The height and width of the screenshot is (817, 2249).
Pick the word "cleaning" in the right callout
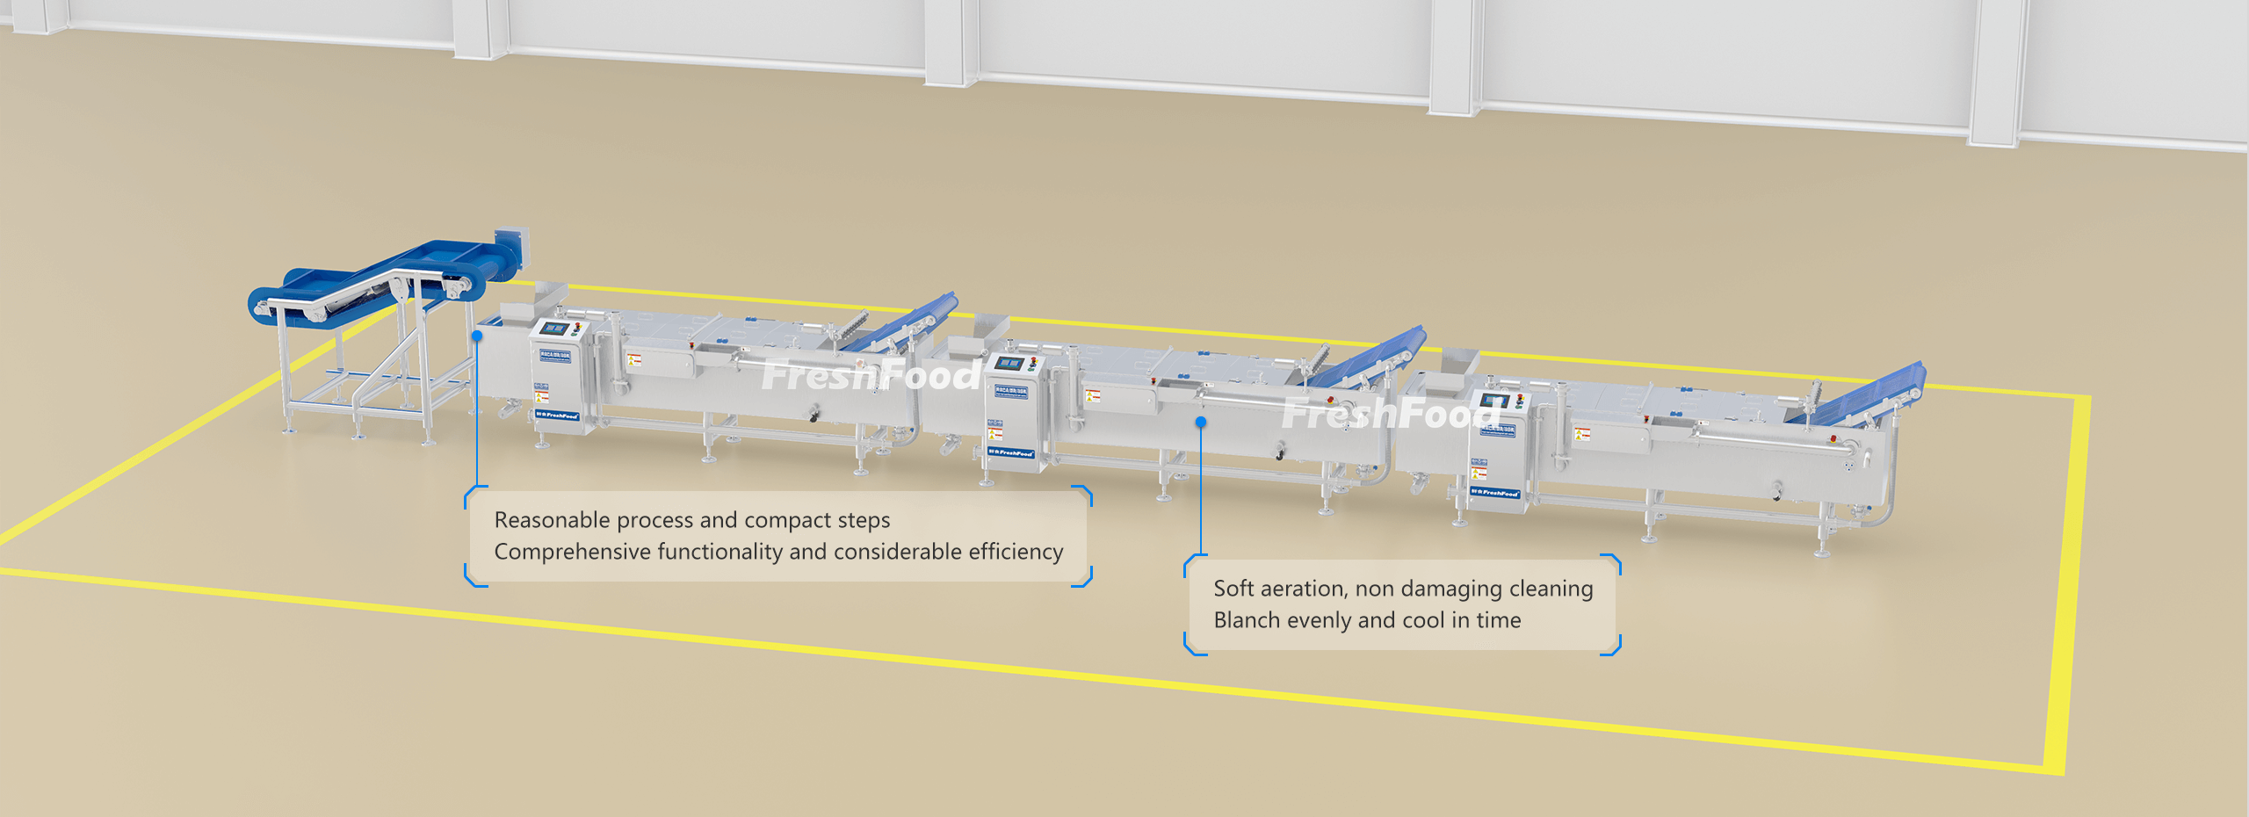pos(1551,589)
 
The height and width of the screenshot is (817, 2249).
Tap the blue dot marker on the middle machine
pos(1201,423)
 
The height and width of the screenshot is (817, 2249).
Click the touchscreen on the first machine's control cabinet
pos(553,329)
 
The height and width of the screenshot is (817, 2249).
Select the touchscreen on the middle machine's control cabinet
pos(1008,363)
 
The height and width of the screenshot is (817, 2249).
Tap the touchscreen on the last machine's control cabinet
pos(1493,401)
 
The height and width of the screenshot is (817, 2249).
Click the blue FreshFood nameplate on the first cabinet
pos(557,415)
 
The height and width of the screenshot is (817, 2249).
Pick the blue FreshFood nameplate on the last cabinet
pos(1494,493)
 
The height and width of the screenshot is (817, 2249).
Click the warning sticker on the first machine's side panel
pos(634,360)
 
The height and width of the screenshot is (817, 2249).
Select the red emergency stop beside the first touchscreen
pos(577,327)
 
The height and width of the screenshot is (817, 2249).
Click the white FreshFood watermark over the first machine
pos(870,376)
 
